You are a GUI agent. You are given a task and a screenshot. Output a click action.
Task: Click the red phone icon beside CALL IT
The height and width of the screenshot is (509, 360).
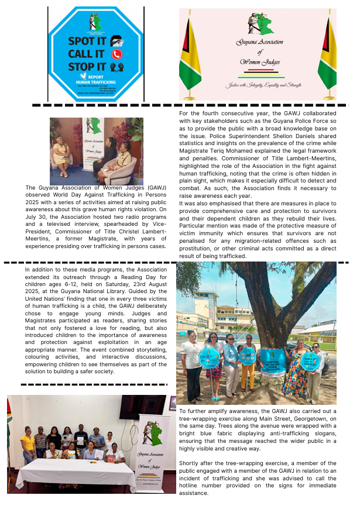tap(116, 53)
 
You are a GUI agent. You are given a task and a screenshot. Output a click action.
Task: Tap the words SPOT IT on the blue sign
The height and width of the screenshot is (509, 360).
tap(86, 41)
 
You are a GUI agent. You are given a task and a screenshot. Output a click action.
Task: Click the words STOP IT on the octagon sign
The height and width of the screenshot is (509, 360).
tap(86, 66)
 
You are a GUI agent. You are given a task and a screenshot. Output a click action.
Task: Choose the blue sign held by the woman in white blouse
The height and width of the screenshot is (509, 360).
tap(210, 357)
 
